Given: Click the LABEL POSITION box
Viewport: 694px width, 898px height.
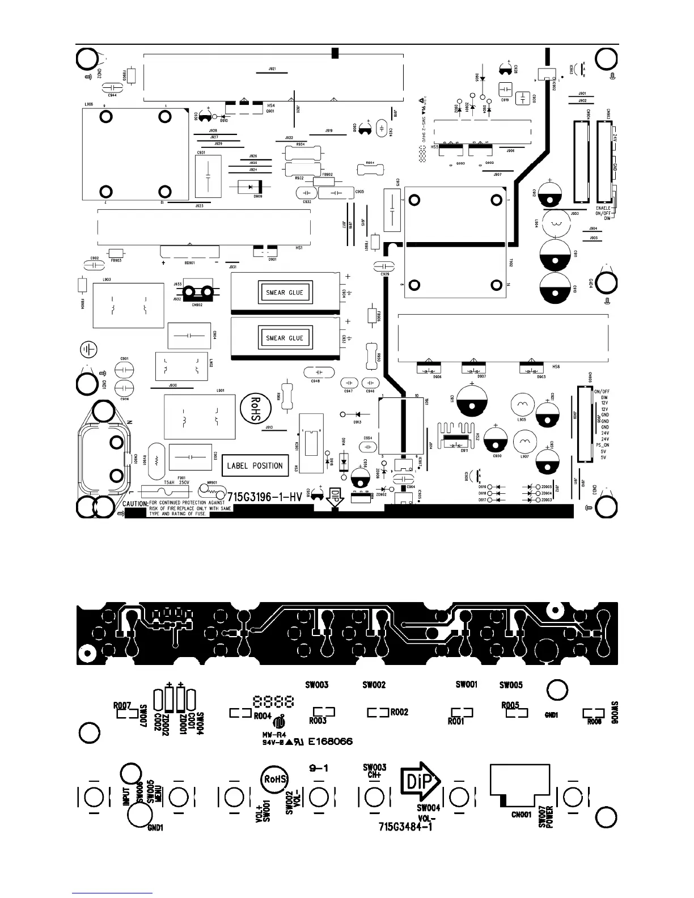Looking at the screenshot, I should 255,465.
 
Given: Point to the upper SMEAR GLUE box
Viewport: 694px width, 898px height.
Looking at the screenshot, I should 285,293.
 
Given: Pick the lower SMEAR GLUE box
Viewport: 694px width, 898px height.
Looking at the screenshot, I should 285,338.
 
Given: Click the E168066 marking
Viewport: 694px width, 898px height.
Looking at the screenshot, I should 331,741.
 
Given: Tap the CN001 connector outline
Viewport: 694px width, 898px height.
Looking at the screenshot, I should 519,785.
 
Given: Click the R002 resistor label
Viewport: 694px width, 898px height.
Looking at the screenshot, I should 399,712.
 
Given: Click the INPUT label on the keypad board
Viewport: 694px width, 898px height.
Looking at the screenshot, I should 127,794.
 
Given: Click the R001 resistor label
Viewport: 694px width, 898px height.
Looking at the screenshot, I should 456,721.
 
